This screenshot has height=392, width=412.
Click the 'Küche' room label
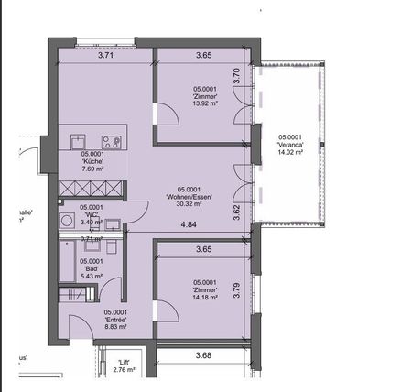click(x=92, y=162)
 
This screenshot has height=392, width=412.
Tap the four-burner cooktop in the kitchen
click(x=112, y=142)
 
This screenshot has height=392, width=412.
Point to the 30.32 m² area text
click(x=189, y=204)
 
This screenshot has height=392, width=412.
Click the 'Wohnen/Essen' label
click(x=189, y=197)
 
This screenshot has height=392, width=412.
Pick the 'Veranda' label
click(x=289, y=145)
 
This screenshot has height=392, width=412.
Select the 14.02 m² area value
click(x=289, y=153)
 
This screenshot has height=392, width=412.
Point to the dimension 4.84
click(x=189, y=224)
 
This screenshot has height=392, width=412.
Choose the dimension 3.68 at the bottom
click(x=203, y=355)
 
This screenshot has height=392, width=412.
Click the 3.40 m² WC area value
click(x=92, y=222)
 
